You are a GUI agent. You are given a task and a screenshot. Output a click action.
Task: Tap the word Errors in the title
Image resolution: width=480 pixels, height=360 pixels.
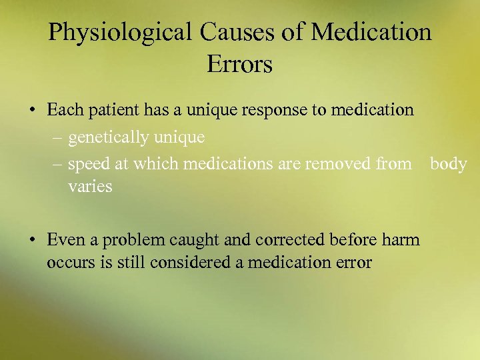click(239, 65)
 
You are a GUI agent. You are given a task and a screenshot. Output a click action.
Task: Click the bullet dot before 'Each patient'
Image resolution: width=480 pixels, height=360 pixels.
click(33, 109)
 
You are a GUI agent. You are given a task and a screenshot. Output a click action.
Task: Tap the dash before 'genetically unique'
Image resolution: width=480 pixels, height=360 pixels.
click(58, 138)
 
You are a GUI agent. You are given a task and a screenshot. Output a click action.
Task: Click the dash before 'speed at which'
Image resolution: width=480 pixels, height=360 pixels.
click(58, 164)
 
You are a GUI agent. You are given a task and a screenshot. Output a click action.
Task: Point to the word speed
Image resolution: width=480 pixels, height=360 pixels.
click(86, 165)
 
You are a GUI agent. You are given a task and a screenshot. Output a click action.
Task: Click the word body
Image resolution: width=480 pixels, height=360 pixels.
click(448, 164)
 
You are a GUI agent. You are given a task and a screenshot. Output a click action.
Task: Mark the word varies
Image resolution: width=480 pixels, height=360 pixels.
click(90, 187)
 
